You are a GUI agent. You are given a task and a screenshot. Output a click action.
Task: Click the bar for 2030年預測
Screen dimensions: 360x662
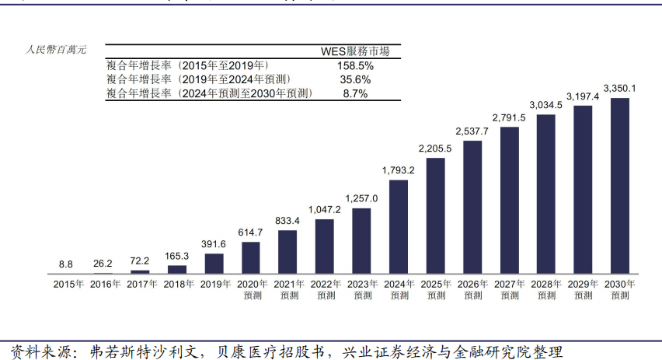[x=620, y=186]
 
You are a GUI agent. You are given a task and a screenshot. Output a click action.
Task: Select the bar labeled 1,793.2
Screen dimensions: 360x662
[x=399, y=226]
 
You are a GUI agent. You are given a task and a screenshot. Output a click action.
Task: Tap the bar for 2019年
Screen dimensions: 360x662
[x=214, y=263]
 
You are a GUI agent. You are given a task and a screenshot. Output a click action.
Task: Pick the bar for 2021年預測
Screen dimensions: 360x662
[x=287, y=251]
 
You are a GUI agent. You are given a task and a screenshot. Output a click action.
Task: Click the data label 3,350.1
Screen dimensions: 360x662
[x=620, y=88]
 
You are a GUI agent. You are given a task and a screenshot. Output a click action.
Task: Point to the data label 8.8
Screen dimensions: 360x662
[x=66, y=264]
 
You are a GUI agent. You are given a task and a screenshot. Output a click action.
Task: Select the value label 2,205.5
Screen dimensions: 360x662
[x=435, y=149]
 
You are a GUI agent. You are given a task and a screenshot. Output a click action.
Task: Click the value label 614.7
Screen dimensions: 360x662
[x=250, y=232]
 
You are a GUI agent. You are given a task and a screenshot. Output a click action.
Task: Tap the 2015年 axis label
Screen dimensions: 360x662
[x=68, y=285]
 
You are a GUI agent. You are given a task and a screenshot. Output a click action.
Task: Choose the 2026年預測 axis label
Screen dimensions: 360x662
[x=472, y=289]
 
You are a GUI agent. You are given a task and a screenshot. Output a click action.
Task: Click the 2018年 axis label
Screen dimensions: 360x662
[x=179, y=285]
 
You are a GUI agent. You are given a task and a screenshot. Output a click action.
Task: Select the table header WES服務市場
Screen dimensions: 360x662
[x=355, y=51]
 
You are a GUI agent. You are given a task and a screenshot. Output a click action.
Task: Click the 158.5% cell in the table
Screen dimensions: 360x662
[x=355, y=66]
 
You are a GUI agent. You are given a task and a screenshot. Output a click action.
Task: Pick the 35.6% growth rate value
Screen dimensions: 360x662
[x=355, y=79]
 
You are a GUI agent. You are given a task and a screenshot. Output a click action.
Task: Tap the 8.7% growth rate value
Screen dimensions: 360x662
[x=355, y=93]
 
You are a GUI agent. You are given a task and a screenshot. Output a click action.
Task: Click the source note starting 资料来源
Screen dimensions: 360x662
[x=284, y=351]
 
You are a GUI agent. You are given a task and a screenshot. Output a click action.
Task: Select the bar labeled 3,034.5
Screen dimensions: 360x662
[x=546, y=194]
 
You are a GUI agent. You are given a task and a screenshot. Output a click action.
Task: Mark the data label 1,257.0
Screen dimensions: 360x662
[x=361, y=198]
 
